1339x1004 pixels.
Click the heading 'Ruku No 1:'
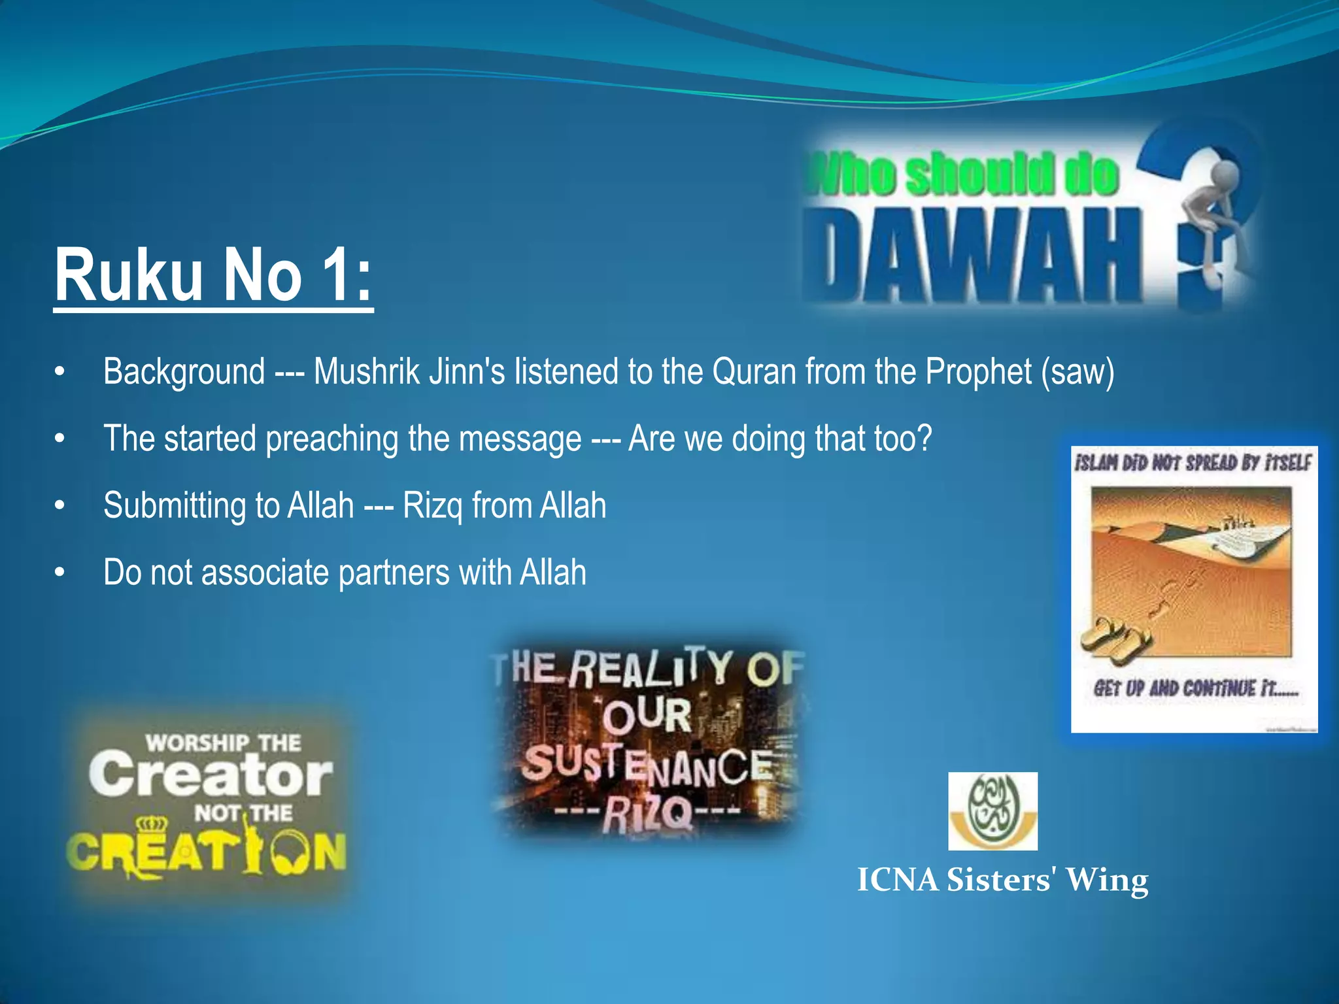click(x=213, y=276)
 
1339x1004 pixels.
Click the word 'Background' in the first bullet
click(x=184, y=372)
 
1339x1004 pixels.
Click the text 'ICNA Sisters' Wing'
click(x=1002, y=880)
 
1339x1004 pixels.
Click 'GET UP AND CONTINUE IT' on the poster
click(x=1195, y=689)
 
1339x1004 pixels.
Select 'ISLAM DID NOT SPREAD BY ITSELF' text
click(x=1193, y=463)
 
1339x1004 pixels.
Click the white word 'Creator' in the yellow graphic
click(x=211, y=775)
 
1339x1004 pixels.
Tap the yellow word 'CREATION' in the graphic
click(x=206, y=852)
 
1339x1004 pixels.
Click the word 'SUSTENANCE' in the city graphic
click(x=647, y=766)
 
